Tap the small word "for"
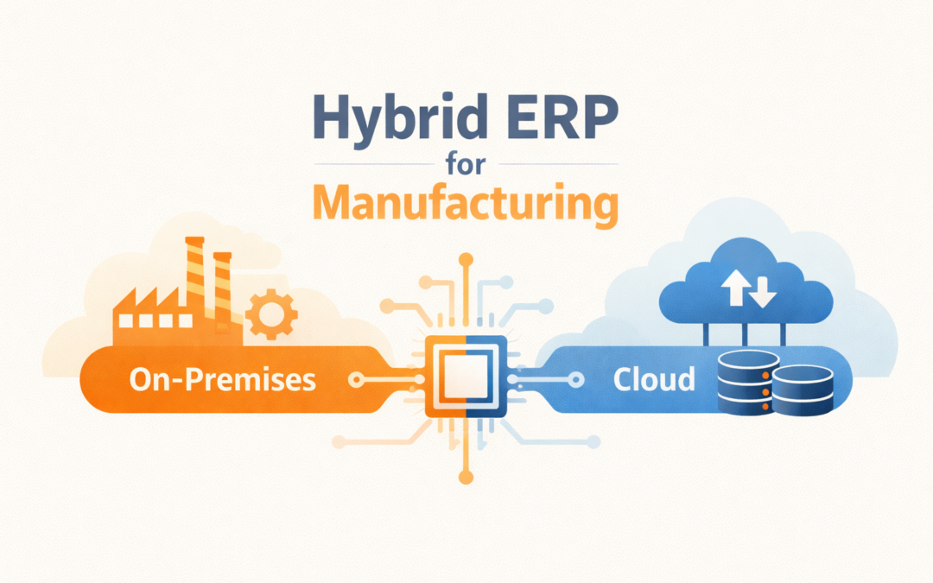click(x=465, y=163)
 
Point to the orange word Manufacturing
click(x=466, y=205)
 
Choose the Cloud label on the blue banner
click(x=654, y=379)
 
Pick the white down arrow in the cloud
click(x=762, y=294)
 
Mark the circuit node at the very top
click(x=466, y=258)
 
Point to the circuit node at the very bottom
click(x=466, y=478)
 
